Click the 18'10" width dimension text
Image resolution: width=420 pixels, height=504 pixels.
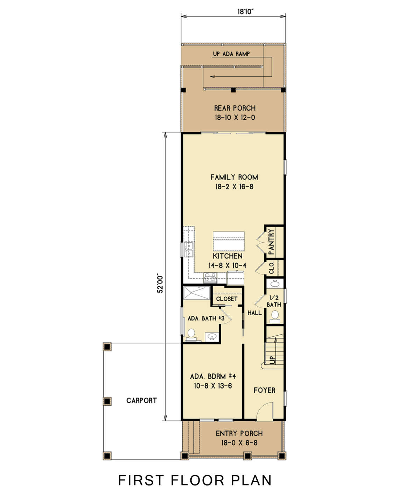(245, 12)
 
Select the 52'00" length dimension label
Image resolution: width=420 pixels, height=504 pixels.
(160, 283)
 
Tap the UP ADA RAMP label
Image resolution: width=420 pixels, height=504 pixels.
(231, 54)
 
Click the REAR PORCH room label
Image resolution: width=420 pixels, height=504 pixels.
(235, 108)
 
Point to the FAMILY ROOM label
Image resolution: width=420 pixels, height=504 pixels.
(234, 177)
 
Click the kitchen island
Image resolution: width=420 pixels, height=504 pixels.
(229, 241)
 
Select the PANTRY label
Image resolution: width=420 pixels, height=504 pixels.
(272, 241)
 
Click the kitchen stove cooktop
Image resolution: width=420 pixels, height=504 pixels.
(210, 278)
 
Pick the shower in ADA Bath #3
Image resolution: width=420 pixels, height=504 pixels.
(197, 293)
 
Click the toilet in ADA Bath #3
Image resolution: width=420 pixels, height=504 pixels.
(191, 334)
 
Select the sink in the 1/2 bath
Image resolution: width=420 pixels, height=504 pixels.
(275, 283)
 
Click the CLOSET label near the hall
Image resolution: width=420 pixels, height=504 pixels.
(226, 299)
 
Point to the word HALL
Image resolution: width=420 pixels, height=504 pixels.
(254, 313)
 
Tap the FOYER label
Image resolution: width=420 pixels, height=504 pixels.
(264, 390)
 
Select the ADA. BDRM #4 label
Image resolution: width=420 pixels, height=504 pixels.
(213, 377)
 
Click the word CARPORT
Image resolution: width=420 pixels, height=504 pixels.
(141, 400)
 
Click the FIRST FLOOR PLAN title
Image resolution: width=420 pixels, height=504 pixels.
(195, 481)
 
